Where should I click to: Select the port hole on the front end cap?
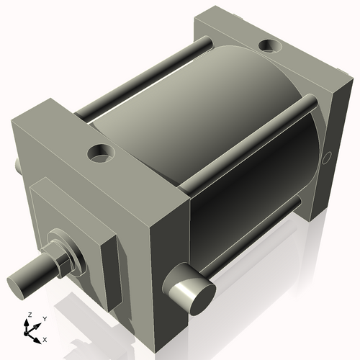tap(99, 153)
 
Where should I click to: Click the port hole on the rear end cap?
tap(271, 46)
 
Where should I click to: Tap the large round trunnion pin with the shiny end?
tap(192, 292)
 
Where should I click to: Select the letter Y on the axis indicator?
tap(44, 318)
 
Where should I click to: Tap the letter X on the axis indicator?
tap(45, 338)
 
